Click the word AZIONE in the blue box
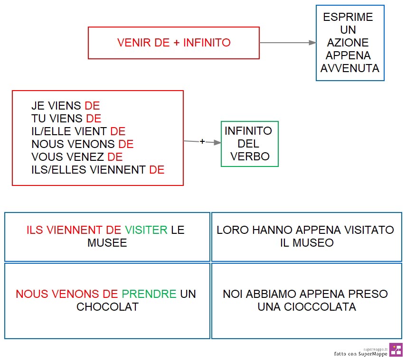pos(348,43)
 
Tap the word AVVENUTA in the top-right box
pos(350,68)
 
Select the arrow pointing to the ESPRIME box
pos(288,43)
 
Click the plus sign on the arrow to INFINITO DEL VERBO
pos(202,141)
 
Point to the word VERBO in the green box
pos(250,157)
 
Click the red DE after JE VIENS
pos(92,106)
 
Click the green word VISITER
pos(146,230)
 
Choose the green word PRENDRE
pos(149,294)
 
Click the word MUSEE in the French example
pos(107,243)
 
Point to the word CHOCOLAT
pos(107,307)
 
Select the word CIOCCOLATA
pos(320,307)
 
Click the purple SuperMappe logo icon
pos(396,350)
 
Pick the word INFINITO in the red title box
pos(207,43)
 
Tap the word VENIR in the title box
pos(134,43)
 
